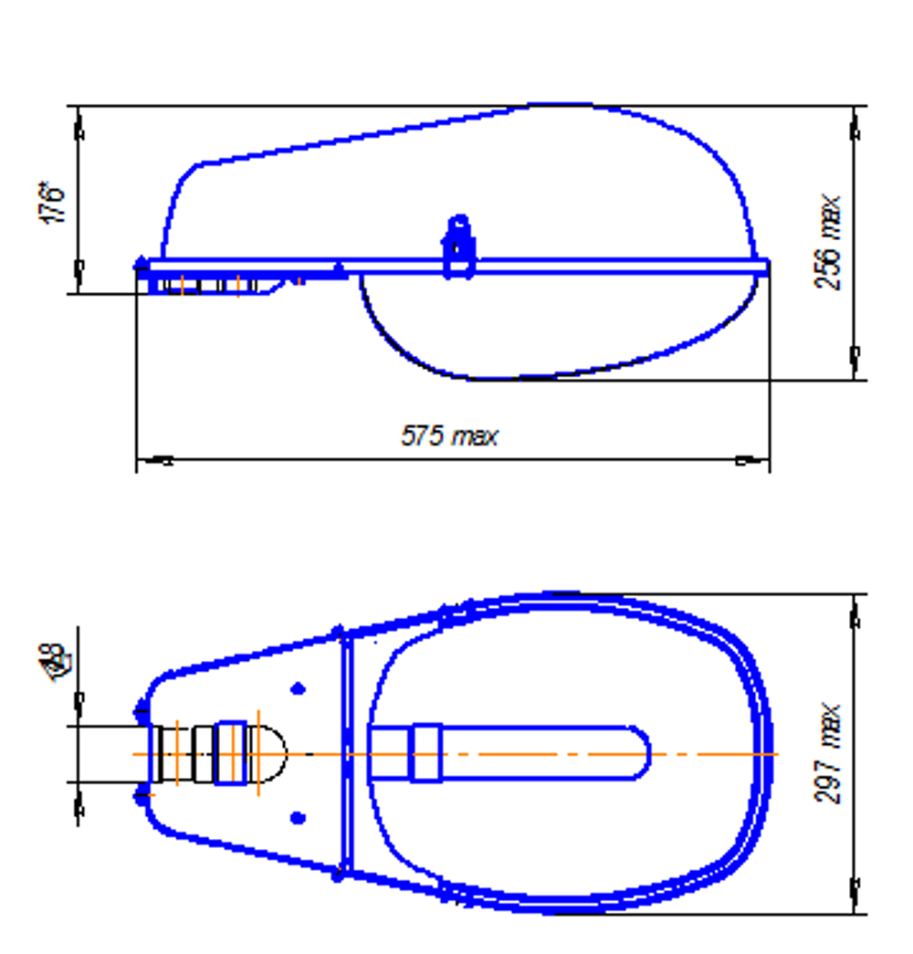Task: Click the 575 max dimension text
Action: (449, 435)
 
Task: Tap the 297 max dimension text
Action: (828, 752)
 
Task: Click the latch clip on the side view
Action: (459, 246)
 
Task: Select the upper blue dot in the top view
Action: (298, 688)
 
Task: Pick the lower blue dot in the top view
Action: (298, 817)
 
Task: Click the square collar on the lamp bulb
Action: (425, 753)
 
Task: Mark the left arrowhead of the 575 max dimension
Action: (160, 460)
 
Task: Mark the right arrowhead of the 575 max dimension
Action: (749, 460)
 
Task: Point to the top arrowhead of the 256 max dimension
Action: (855, 127)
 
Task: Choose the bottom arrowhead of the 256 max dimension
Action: (855, 357)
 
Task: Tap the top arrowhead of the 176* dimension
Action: (79, 128)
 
